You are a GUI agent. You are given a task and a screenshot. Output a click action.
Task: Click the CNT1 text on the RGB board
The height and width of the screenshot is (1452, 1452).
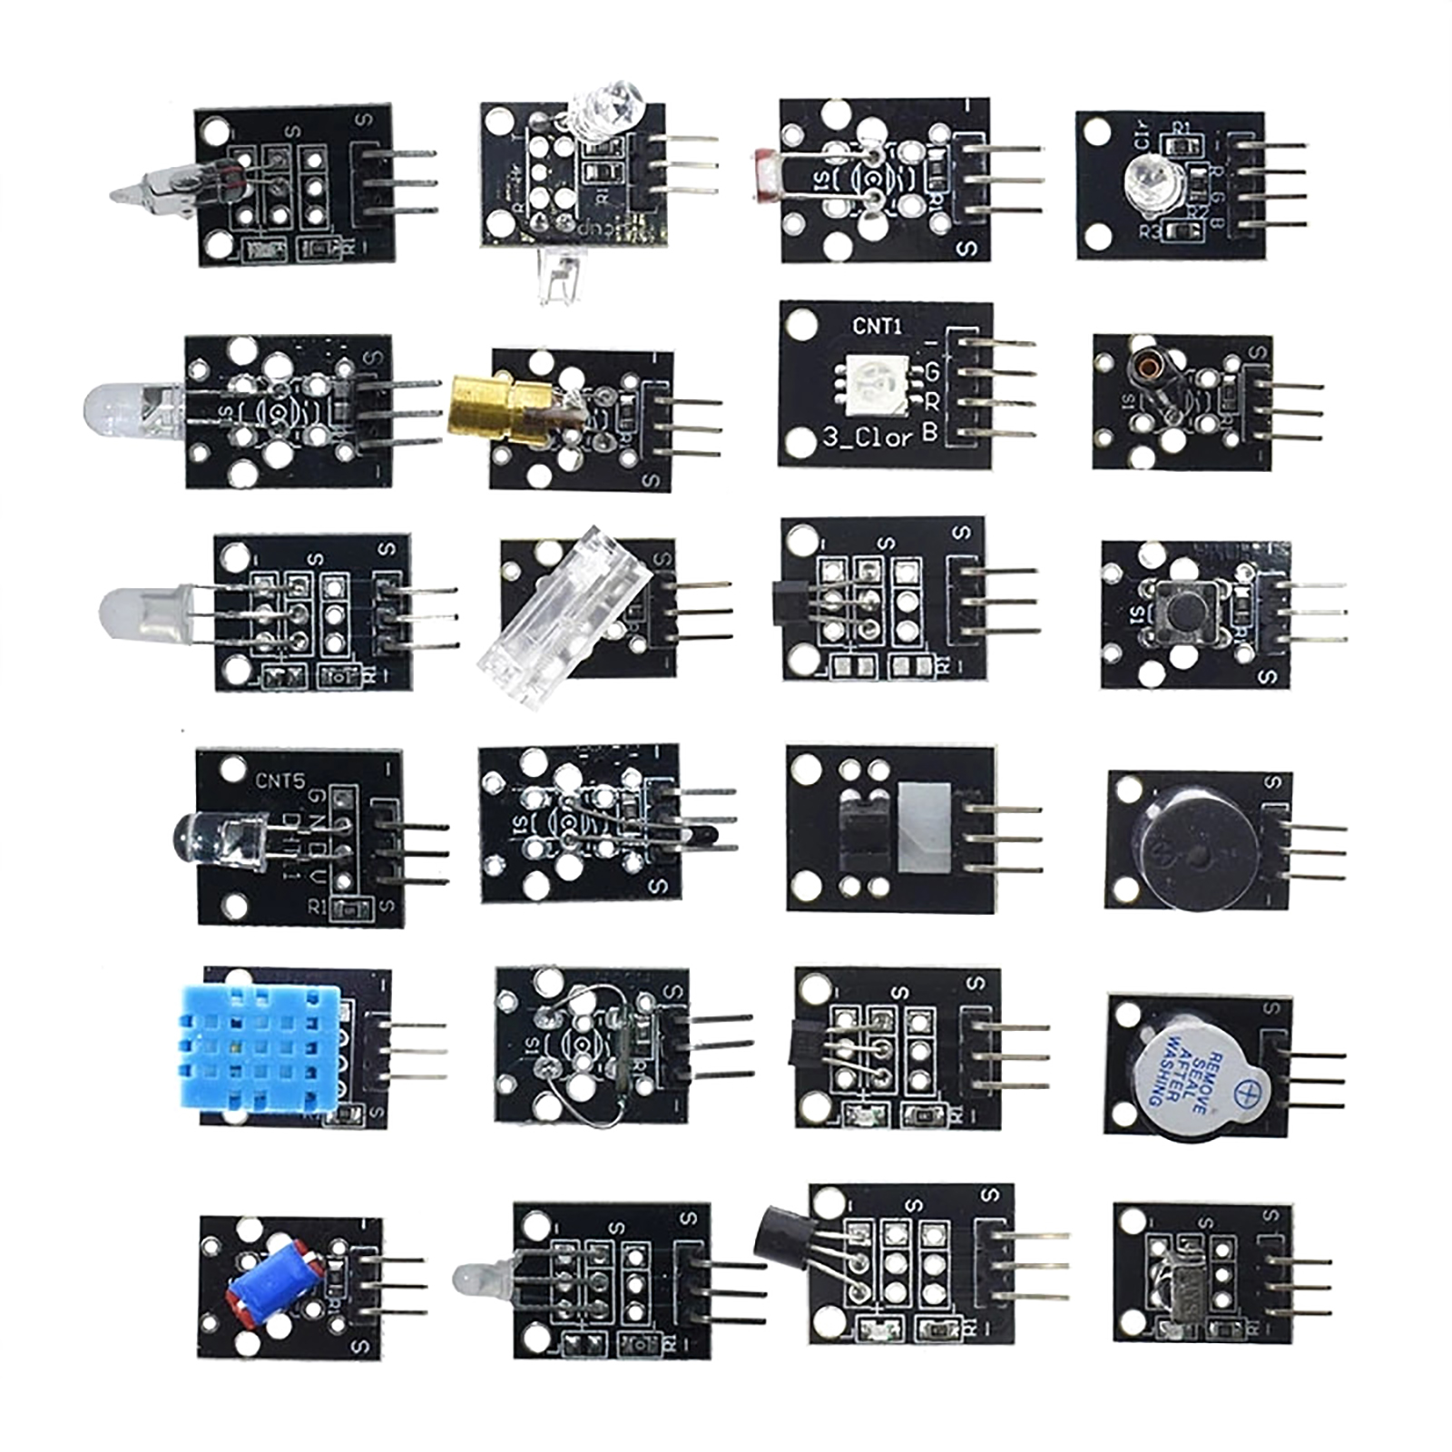(x=878, y=326)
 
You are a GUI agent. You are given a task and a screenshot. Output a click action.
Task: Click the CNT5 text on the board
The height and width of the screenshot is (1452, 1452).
(x=280, y=780)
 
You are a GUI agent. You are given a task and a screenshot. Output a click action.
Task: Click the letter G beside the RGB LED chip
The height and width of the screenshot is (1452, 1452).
(x=930, y=371)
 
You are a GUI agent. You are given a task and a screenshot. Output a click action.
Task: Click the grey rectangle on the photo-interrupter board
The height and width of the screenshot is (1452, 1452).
(x=925, y=826)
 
